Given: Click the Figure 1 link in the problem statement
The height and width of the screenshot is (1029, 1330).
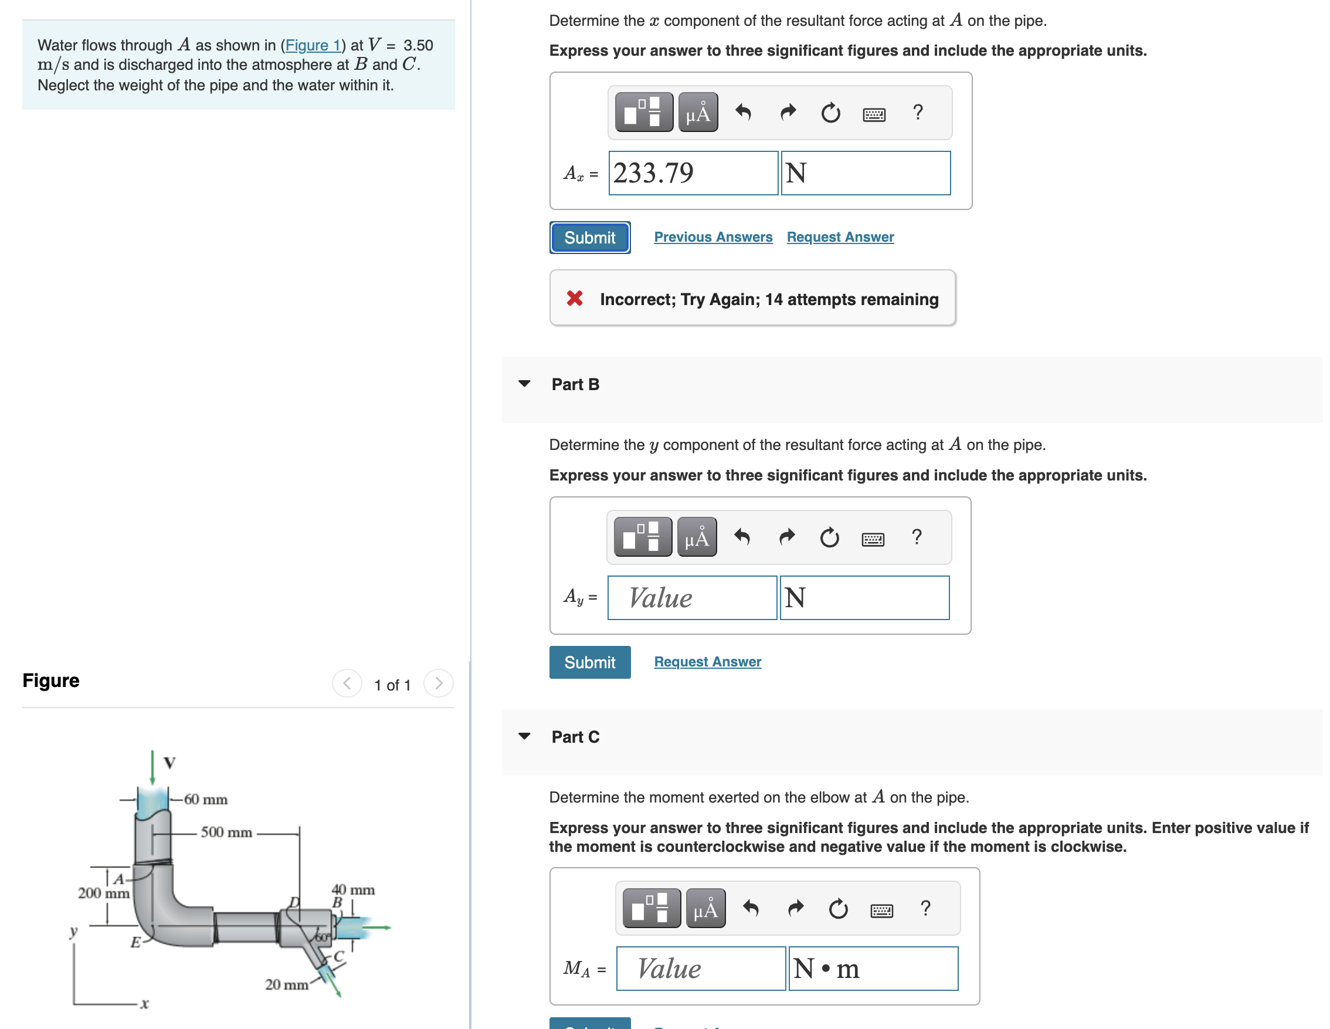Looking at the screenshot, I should [313, 45].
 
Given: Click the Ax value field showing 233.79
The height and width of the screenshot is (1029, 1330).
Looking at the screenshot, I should [693, 173].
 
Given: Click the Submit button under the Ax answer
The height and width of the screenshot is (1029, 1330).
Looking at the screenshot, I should [589, 238].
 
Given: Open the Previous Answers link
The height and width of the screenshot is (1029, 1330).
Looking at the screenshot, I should [713, 237].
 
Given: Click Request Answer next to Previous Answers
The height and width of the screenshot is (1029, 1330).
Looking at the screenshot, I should [839, 237].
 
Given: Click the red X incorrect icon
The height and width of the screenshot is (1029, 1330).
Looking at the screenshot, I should [574, 299].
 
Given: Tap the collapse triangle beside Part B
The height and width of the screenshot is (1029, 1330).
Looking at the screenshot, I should [524, 384].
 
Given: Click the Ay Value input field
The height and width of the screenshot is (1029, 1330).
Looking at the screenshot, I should [692, 598].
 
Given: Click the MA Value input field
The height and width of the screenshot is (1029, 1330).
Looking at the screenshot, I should [700, 968].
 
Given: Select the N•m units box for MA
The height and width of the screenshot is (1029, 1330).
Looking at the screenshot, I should [873, 968].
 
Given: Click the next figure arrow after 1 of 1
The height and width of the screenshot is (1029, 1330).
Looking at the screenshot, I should [438, 683].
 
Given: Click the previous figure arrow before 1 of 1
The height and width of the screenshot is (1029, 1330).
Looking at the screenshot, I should [347, 683].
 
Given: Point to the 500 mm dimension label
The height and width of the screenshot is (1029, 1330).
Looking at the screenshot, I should [226, 832].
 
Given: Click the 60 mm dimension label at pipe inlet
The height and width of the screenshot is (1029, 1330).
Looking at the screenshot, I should [205, 799].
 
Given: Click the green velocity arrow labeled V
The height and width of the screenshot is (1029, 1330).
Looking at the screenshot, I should [152, 767].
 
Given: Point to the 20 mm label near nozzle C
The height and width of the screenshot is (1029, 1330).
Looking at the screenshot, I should [286, 984].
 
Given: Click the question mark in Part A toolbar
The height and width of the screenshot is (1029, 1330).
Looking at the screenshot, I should [917, 112].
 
